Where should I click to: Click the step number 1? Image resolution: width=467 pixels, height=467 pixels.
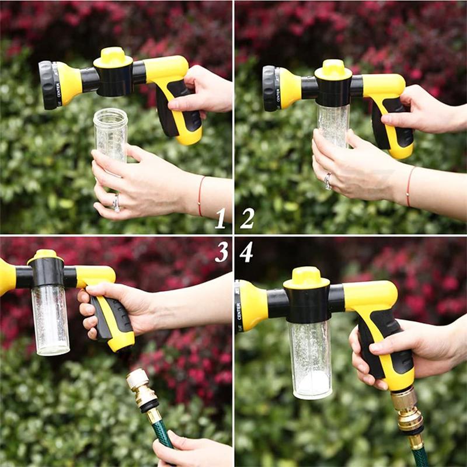coord(220,218)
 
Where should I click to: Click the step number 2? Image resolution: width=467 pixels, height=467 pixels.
coord(248,218)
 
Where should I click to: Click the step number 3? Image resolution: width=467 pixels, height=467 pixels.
coord(221,251)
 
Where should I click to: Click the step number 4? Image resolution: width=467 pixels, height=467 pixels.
coord(246,252)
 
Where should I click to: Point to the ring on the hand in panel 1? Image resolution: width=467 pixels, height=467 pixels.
coord(116,203)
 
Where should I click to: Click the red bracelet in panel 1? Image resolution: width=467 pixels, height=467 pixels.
coord(201,195)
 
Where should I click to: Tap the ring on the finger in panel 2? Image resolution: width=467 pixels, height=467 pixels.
coord(328,181)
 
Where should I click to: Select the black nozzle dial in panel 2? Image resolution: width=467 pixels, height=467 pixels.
coord(270,88)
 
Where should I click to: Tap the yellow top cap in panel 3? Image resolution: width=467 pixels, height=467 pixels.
coord(46,256)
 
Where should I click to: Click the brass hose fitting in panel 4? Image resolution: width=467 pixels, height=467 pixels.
coord(407,411)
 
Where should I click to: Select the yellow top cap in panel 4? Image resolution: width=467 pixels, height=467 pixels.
coord(306,276)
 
